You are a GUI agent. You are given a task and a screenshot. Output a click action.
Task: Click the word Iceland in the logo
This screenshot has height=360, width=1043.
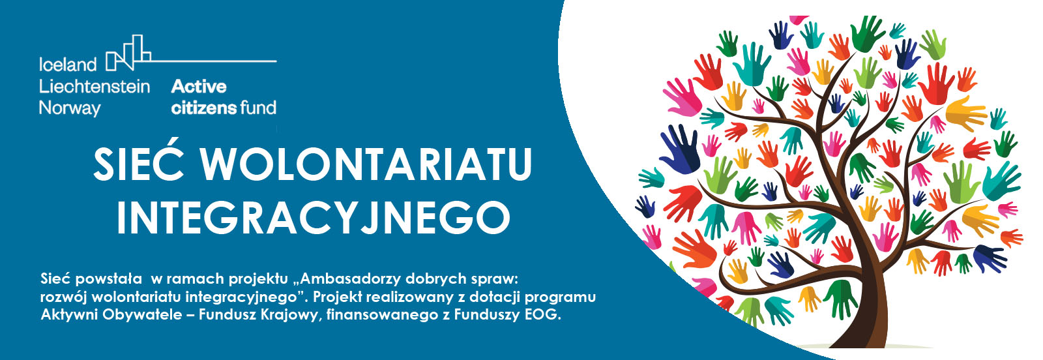pyautogui.click(x=68, y=65)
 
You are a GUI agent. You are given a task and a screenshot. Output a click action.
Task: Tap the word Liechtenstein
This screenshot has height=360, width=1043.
pyautogui.click(x=95, y=86)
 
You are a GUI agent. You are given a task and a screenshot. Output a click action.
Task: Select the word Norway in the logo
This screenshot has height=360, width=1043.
pyautogui.click(x=70, y=108)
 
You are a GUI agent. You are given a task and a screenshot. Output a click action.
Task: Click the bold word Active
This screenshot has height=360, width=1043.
pyautogui.click(x=199, y=86)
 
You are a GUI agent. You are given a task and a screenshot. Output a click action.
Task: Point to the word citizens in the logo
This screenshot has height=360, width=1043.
pyautogui.click(x=204, y=108)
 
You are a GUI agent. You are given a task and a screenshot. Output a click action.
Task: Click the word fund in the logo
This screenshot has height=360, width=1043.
pyautogui.click(x=258, y=108)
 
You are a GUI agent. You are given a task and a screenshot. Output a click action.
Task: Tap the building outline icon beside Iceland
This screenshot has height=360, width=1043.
pyautogui.click(x=128, y=53)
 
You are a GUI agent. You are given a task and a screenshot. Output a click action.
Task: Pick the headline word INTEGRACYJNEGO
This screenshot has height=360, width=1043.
pyautogui.click(x=314, y=217)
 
